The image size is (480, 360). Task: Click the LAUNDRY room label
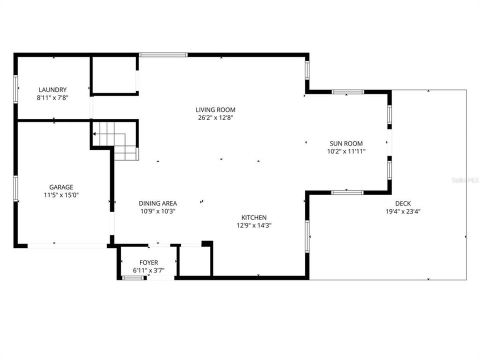point(51,90)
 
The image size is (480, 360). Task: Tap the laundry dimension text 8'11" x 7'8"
point(51,98)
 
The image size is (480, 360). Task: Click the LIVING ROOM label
point(215,110)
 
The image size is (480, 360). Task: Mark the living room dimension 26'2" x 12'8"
point(215,118)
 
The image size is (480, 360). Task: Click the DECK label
point(403,203)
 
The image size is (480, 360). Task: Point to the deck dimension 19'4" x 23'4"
point(403,211)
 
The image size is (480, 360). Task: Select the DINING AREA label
point(157,203)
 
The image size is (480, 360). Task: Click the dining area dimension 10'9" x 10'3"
point(157,211)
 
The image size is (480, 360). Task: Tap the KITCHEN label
point(254,217)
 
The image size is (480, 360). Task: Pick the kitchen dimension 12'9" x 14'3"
point(254,225)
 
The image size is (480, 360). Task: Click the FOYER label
point(148,262)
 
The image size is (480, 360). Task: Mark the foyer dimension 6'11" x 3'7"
point(148,270)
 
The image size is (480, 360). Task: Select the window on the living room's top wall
point(163,54)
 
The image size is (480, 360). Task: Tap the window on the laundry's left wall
point(15,88)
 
